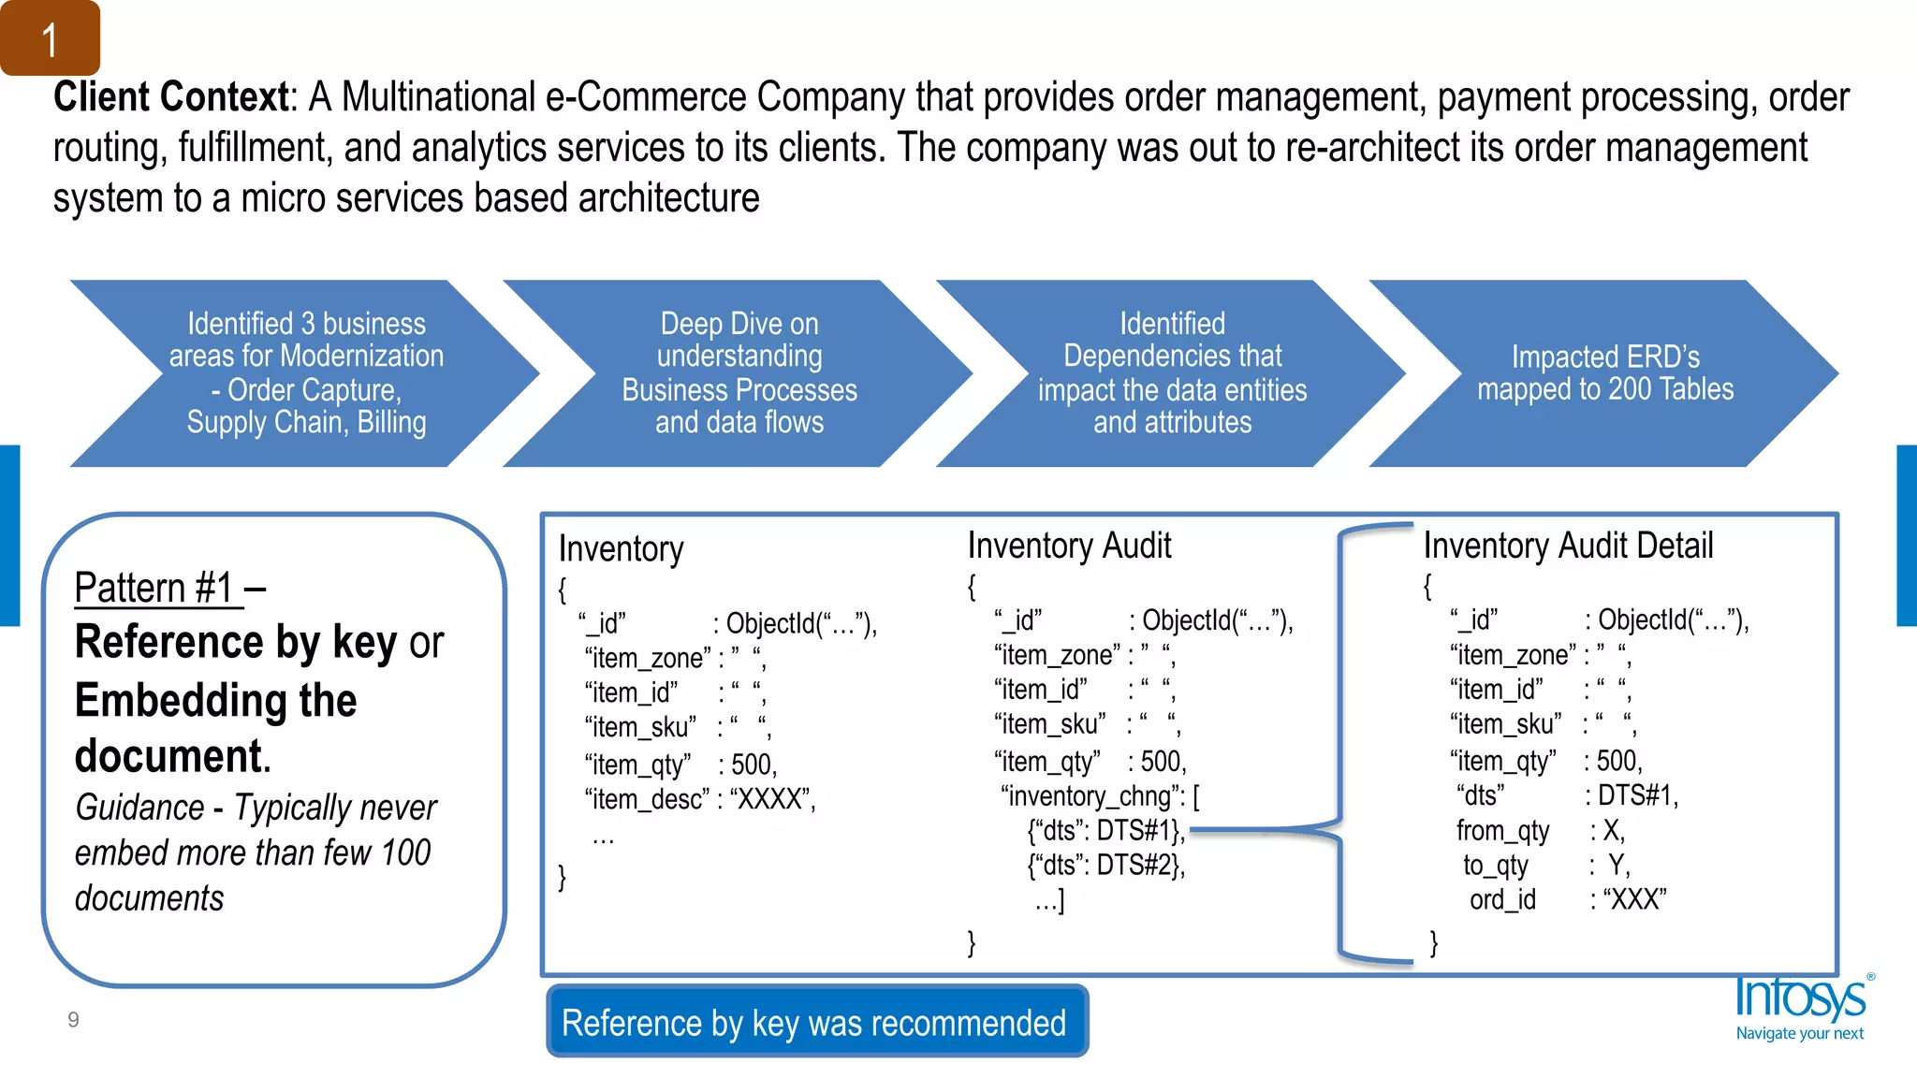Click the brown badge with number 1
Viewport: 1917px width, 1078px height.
50,38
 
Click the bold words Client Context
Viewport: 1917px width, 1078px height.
170,97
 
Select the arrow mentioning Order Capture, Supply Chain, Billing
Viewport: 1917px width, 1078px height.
306,373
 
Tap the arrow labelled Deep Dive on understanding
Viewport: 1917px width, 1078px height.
739,373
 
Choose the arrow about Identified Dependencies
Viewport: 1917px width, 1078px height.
1172,373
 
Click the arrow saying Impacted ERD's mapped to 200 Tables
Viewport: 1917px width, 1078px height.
1604,373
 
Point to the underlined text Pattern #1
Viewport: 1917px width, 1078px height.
155,589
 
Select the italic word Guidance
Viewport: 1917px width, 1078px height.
139,808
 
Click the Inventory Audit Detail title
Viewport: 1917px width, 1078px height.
1568,546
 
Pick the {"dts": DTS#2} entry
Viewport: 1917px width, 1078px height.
1105,865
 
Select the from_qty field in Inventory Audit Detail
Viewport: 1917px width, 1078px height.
1502,831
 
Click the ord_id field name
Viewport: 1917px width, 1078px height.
1502,900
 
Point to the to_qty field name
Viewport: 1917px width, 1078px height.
1495,866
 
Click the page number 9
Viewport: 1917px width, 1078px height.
73,1020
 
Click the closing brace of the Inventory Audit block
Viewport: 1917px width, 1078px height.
972,942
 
